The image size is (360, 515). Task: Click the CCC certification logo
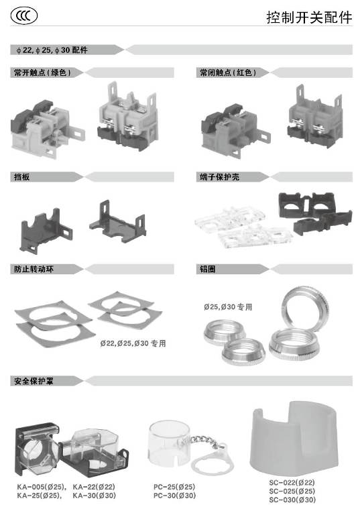tap(24, 16)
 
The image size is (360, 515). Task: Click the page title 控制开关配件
tap(309, 17)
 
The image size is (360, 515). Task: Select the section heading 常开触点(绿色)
tap(42, 72)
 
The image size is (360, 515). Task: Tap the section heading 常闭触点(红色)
tap(228, 72)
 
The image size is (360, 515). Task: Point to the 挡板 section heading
tap(21, 177)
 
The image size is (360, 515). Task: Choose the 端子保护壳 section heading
tap(219, 177)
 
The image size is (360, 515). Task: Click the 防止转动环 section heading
tap(34, 270)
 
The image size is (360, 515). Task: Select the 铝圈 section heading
tap(208, 270)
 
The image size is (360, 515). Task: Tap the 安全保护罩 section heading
tap(34, 381)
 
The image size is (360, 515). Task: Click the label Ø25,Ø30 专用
tap(228, 307)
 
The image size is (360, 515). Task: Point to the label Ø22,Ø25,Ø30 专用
tap(133, 343)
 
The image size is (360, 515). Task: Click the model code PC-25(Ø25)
tap(174, 487)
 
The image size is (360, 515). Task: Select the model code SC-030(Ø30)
tap(292, 500)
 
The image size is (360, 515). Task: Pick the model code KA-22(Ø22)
tap(94, 487)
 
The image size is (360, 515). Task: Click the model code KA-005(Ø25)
tap(42, 487)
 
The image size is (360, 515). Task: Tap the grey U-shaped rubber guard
tap(294, 439)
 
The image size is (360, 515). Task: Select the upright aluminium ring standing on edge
tap(306, 308)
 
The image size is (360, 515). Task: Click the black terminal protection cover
tap(314, 213)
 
